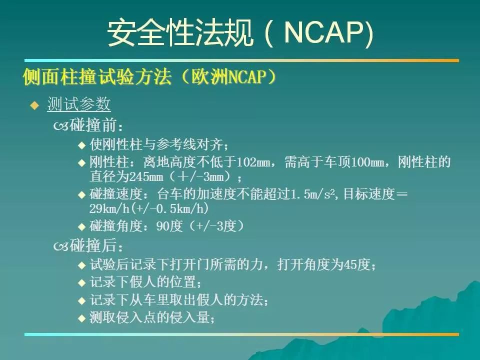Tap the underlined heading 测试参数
pyautogui.click(x=78, y=104)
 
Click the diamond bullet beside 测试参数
pyautogui.click(x=34, y=105)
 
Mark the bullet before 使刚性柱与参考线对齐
pyautogui.click(x=81, y=145)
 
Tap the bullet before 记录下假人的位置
pyautogui.click(x=81, y=282)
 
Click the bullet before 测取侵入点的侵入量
pyautogui.click(x=81, y=318)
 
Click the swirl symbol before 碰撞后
pyautogui.click(x=61, y=246)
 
